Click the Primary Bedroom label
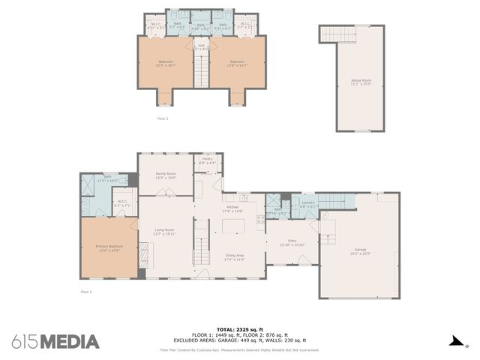click(109, 247)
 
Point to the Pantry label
click(207, 160)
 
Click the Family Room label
click(165, 175)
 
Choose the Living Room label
click(164, 231)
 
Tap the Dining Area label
click(234, 256)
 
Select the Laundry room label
click(307, 203)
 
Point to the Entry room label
click(291, 242)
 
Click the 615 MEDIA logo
click(55, 342)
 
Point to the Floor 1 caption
click(85, 291)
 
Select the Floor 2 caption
click(162, 118)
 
